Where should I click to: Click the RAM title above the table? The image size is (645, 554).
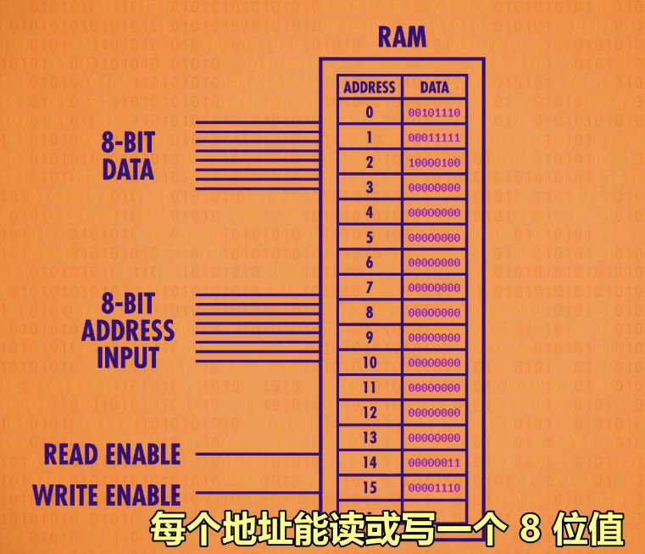click(x=402, y=38)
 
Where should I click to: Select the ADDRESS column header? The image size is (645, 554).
click(x=370, y=87)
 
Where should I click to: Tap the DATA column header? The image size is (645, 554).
click(x=434, y=87)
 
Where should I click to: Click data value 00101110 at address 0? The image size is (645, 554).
click(x=434, y=112)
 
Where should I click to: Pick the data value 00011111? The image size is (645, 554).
click(x=434, y=137)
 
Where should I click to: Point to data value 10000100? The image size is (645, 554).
click(x=434, y=162)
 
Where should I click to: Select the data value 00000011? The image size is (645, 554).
click(x=434, y=463)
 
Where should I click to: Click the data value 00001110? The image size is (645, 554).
click(x=434, y=489)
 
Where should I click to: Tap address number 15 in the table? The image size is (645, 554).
click(x=370, y=489)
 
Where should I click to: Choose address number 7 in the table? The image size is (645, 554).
click(x=370, y=288)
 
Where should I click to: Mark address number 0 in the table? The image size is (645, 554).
click(x=370, y=112)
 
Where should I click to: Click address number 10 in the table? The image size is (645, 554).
click(x=370, y=363)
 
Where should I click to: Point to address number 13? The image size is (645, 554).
click(x=370, y=438)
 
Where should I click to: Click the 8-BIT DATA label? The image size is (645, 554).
click(x=128, y=155)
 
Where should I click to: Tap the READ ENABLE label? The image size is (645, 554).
click(x=113, y=454)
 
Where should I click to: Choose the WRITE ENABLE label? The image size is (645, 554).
click(x=107, y=495)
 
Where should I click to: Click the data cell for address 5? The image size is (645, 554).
click(x=434, y=238)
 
